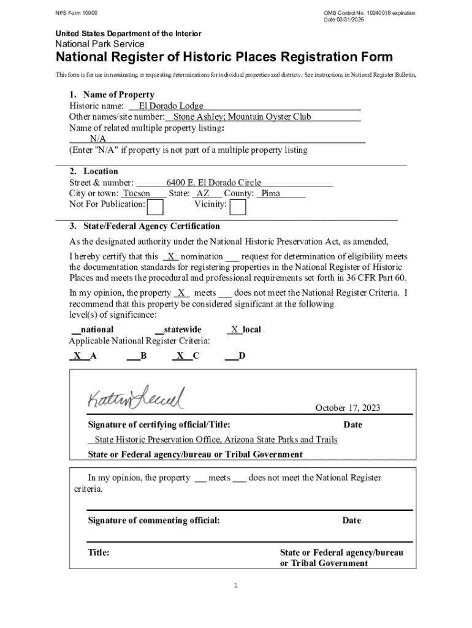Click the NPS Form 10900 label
pyautogui.click(x=76, y=13)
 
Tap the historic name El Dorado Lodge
pyautogui.click(x=171, y=106)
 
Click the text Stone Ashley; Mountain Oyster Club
pyautogui.click(x=242, y=117)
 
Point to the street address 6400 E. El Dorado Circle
pyautogui.click(x=213, y=182)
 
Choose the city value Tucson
pyautogui.click(x=137, y=193)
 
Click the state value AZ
pyautogui.click(x=202, y=193)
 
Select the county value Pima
pyautogui.click(x=270, y=193)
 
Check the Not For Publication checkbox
pyautogui.click(x=156, y=207)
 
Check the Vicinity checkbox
pyautogui.click(x=238, y=207)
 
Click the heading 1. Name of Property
pyautogui.click(x=112, y=94)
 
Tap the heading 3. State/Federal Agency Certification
pyautogui.click(x=145, y=226)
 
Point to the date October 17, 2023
pyautogui.click(x=348, y=408)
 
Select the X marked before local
pyautogui.click(x=234, y=329)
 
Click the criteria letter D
pyautogui.click(x=242, y=355)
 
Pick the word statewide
pyautogui.click(x=182, y=329)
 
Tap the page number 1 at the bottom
pyautogui.click(x=235, y=586)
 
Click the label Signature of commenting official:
pyautogui.click(x=154, y=521)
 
